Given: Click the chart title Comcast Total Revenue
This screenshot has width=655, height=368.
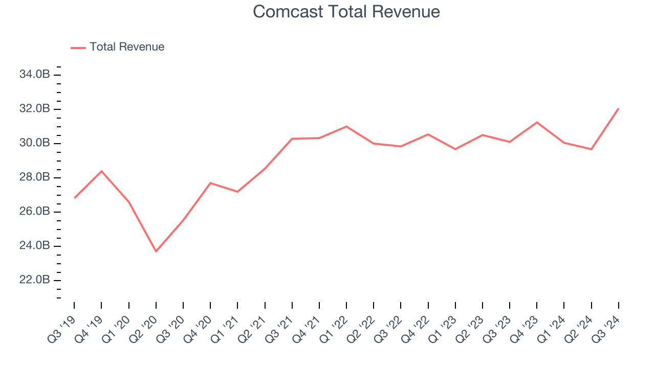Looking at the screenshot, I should coord(346,11).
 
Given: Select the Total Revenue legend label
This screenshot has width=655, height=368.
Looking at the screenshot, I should coord(127,47).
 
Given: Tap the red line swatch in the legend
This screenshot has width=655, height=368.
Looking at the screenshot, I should coord(78,48).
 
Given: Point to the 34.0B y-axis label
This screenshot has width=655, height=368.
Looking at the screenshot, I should coord(34,75).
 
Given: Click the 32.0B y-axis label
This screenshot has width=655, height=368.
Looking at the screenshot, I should coord(34,109).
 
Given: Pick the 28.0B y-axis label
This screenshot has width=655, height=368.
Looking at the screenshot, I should coord(34,177).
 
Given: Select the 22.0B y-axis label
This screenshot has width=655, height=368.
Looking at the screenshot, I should coord(34,280).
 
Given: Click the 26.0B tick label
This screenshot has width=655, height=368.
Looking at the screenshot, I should coord(34,212).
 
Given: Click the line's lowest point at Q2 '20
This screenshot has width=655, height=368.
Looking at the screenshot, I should coord(156,251).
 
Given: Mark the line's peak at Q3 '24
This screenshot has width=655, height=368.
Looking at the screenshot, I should coord(619,108).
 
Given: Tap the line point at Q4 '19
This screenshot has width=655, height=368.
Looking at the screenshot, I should coord(101,171).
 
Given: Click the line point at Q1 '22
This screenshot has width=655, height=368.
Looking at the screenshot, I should coord(346,126).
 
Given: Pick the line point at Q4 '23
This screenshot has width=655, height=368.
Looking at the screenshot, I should coord(537,122).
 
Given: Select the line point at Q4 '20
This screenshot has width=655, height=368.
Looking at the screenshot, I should coord(210,183).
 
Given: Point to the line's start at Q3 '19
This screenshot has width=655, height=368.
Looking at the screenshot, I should coord(74,198).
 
